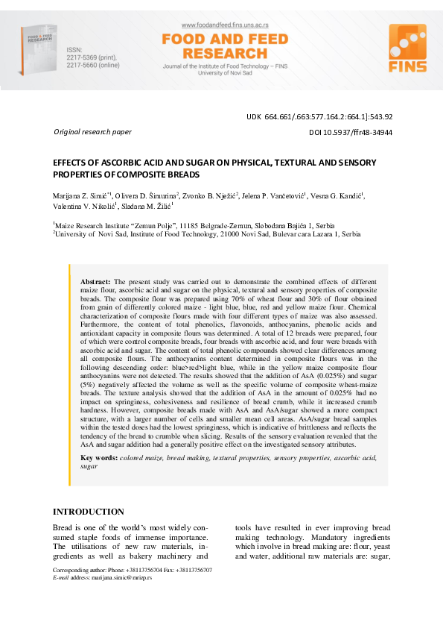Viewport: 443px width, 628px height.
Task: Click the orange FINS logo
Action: coord(407,49)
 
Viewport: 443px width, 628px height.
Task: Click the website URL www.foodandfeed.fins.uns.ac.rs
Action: coord(214,25)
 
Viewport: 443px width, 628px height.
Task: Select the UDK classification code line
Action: coord(319,116)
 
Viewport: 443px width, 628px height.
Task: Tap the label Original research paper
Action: coord(92,132)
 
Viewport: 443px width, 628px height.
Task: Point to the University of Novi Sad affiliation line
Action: coord(206,233)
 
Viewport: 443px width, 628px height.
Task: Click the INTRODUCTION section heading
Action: coord(89,512)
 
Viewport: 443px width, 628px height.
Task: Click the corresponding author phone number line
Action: coord(132,570)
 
